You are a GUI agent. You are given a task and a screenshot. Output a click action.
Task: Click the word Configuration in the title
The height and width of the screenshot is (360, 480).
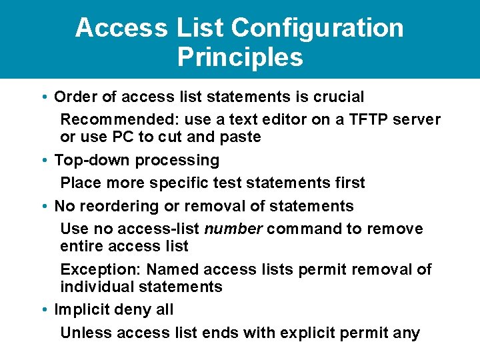(317, 28)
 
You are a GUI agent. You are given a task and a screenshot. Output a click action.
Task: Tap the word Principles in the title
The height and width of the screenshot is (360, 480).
(240, 57)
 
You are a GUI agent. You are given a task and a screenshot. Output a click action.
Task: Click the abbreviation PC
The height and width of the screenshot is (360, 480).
(122, 137)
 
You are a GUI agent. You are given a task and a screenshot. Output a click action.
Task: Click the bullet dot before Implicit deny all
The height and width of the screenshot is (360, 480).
(43, 310)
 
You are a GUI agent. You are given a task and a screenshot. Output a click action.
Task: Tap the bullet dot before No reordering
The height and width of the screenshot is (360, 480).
(43, 207)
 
